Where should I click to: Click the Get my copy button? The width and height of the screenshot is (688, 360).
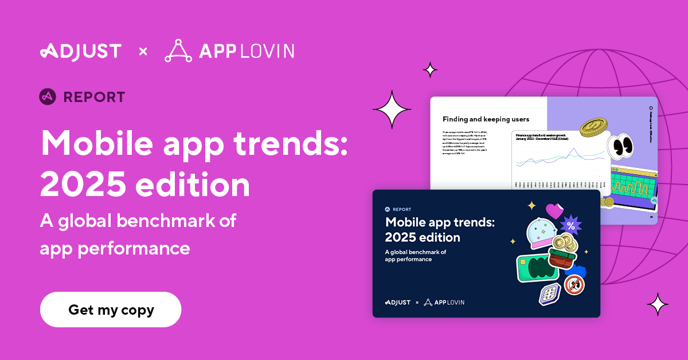click(111, 310)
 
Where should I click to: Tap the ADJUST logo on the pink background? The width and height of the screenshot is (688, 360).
click(81, 51)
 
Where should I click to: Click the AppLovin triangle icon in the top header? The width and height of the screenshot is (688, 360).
click(178, 50)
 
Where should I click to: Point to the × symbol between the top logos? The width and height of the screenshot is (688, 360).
click(143, 52)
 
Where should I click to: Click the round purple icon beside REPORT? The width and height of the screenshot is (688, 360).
click(48, 97)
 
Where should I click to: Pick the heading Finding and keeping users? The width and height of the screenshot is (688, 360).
click(486, 119)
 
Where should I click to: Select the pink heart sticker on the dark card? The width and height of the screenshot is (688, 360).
click(554, 211)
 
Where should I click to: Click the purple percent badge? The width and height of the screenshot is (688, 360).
click(570, 225)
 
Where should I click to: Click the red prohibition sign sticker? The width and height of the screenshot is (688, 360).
click(574, 284)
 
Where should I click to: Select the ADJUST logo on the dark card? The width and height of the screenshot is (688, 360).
click(397, 302)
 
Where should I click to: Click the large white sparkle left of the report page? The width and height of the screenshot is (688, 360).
click(392, 109)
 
